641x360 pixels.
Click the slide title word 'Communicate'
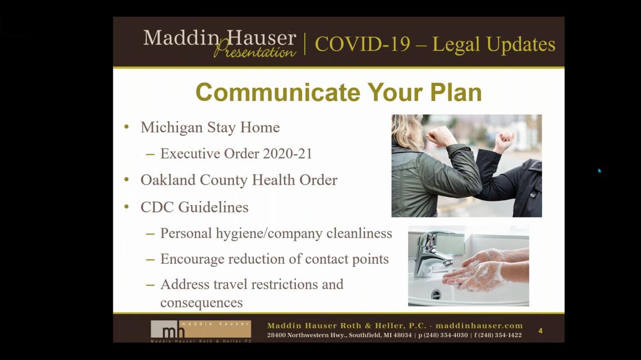pyautogui.click(x=278, y=92)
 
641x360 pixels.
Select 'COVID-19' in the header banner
pyautogui.click(x=363, y=44)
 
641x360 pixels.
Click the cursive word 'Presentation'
pyautogui.click(x=255, y=51)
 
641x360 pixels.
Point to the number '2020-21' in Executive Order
pyautogui.click(x=287, y=154)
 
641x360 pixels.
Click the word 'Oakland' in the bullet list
pyautogui.click(x=168, y=180)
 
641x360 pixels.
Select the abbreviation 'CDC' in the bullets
pyautogui.click(x=157, y=207)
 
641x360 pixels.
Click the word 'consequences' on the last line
pyautogui.click(x=201, y=303)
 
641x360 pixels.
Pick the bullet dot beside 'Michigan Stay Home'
pyautogui.click(x=127, y=127)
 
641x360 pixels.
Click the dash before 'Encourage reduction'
pyautogui.click(x=150, y=260)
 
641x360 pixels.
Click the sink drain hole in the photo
pyautogui.click(x=436, y=294)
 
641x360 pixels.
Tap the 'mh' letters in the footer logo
pyautogui.click(x=174, y=332)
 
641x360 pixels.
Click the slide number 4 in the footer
pyautogui.click(x=540, y=331)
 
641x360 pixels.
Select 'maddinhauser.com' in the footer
pyautogui.click(x=479, y=326)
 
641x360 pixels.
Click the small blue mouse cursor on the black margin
pyautogui.click(x=599, y=171)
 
